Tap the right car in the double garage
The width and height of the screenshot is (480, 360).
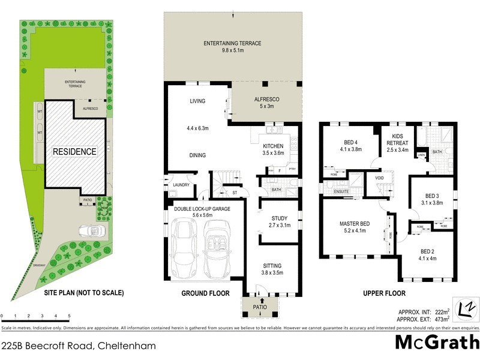point(216,246)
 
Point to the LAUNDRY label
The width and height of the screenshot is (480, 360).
point(181,185)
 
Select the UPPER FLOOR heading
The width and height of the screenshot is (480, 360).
point(384,293)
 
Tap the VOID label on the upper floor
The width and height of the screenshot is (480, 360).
point(379,178)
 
